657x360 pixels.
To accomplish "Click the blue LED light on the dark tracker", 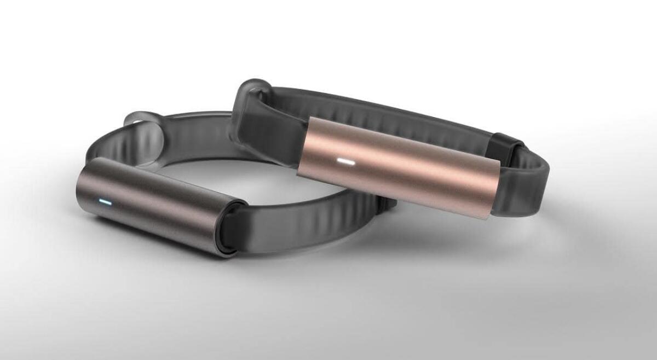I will tap(106, 202).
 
